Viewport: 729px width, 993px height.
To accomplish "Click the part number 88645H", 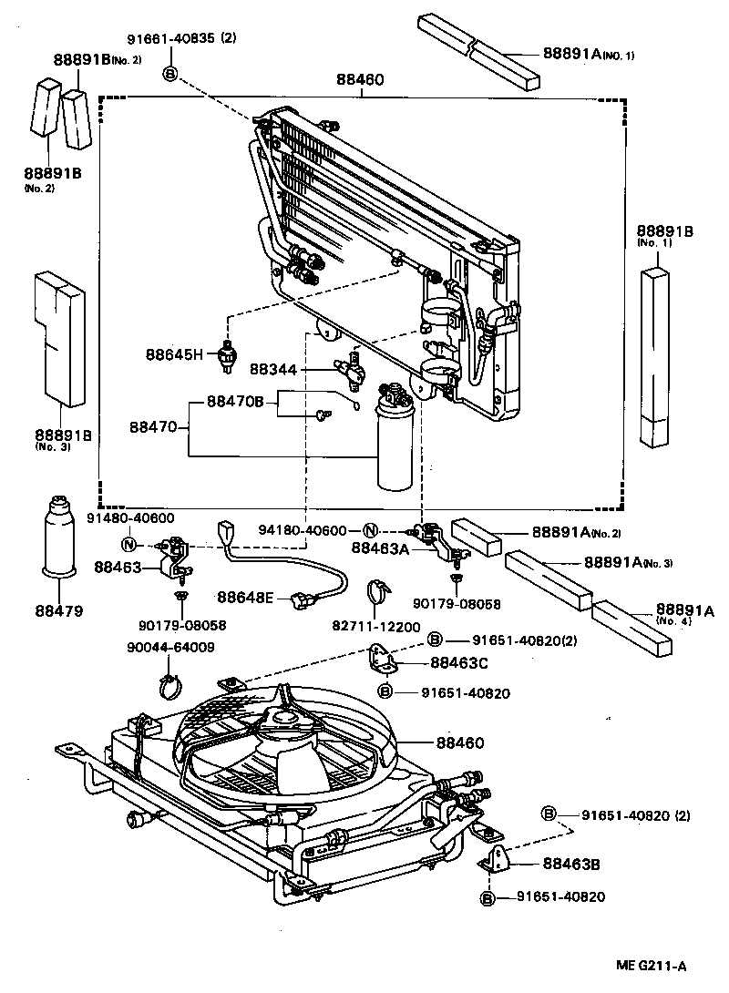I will [172, 353].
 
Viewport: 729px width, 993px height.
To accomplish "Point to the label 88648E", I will [245, 597].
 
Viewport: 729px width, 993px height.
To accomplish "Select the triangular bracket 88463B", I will [497, 859].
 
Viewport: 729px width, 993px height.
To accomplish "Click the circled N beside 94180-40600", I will [371, 530].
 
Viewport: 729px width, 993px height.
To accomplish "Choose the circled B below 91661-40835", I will [170, 74].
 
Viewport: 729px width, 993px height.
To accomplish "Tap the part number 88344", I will [272, 369].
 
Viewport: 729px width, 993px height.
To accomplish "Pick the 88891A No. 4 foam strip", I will [631, 628].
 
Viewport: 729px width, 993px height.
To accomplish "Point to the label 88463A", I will [380, 548].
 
